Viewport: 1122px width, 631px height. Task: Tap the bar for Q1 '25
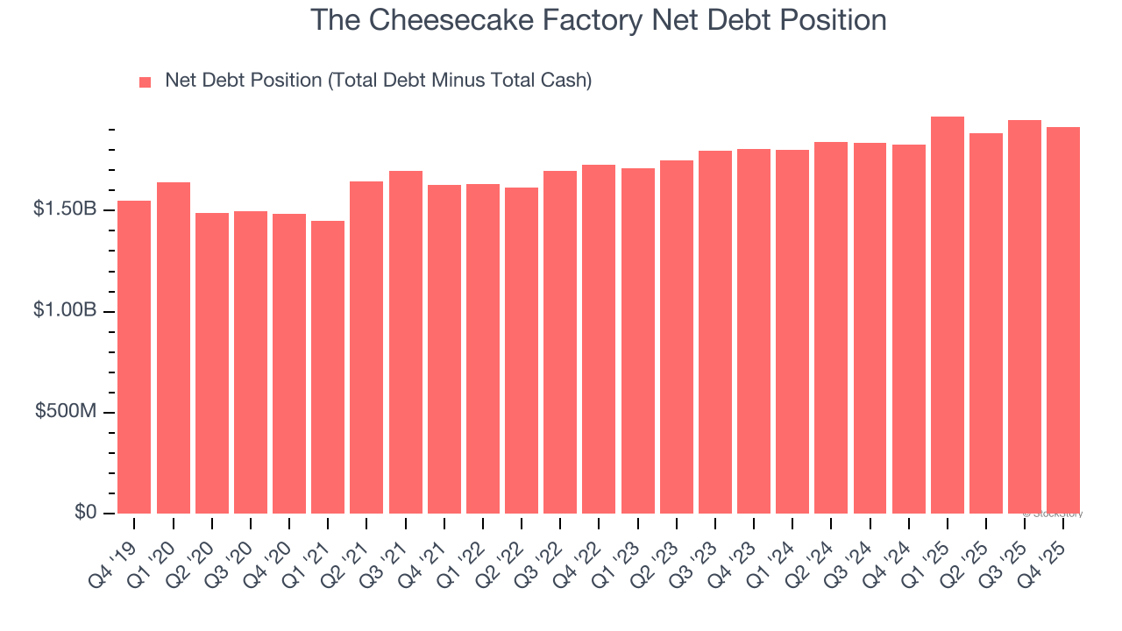947,315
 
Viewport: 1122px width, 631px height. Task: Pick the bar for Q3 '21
406,342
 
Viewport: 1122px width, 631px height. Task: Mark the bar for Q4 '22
599,339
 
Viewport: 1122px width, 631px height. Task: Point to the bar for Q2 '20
212,363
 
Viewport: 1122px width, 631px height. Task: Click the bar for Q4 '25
1063,320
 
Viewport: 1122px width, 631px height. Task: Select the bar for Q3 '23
715,332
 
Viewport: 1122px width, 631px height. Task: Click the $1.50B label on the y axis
65,210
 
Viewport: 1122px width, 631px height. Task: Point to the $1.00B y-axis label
65,311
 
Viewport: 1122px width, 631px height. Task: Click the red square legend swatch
146,82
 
